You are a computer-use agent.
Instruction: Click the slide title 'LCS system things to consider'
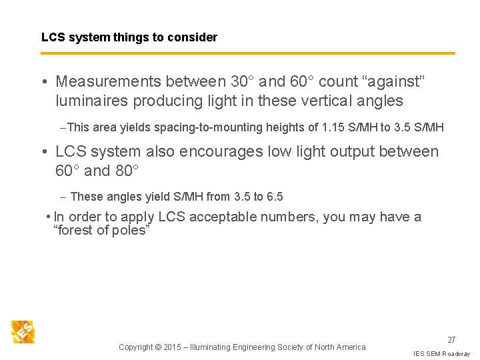[129, 37]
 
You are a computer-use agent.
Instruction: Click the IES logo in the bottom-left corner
[23, 331]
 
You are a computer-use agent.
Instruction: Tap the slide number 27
[451, 340]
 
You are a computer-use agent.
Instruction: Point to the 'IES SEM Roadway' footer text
[441, 353]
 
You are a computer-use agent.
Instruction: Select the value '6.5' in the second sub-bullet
[274, 197]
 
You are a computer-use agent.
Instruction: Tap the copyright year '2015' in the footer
[176, 347]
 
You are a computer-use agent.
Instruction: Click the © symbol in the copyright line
[158, 347]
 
